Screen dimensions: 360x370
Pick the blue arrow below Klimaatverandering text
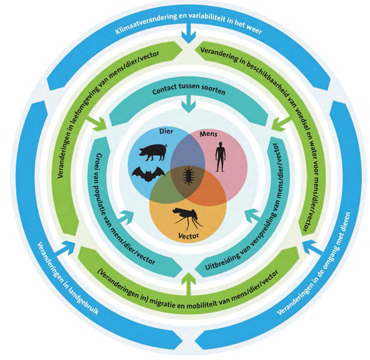coord(187,38)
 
